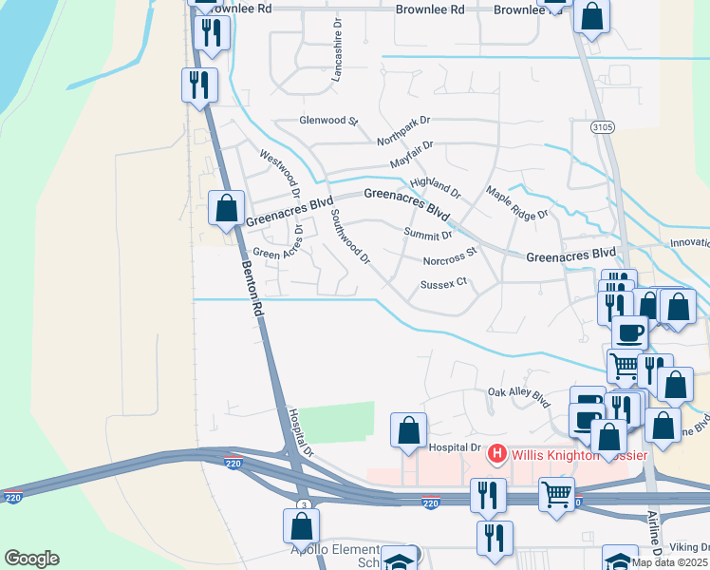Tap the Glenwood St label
[x=328, y=122]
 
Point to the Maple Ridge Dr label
[x=517, y=202]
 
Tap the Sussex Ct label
[x=444, y=282]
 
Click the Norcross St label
[x=450, y=257]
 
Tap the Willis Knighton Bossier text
[x=579, y=455]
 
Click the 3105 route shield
[x=601, y=126]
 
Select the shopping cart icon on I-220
[x=556, y=493]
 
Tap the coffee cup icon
[x=629, y=332]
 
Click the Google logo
[x=31, y=559]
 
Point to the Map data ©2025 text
[x=669, y=562]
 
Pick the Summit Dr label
[x=427, y=235]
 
